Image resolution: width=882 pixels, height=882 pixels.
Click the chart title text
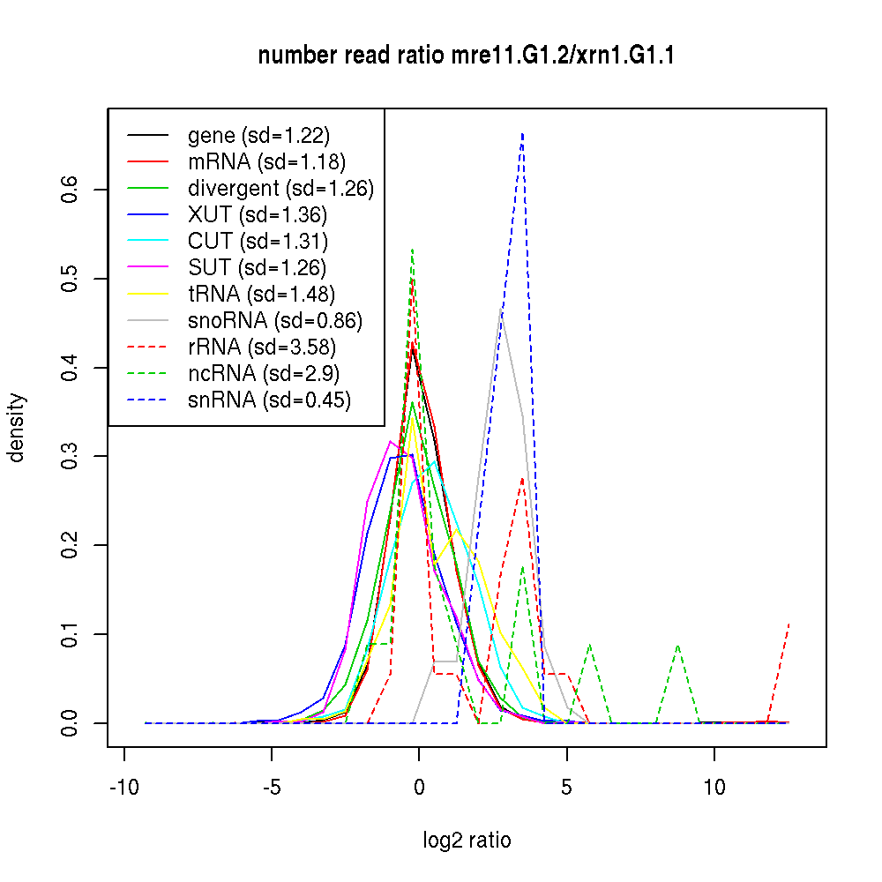pos(467,56)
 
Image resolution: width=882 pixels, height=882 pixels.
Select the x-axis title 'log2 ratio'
pos(467,840)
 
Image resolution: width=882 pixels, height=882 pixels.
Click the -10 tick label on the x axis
pos(123,787)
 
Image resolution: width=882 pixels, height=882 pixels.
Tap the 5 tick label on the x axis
pos(566,787)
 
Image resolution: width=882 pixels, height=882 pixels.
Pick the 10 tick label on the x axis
pos(714,787)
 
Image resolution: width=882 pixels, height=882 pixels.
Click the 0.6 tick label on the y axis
pos(71,190)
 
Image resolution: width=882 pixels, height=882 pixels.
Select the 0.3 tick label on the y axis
pos(71,456)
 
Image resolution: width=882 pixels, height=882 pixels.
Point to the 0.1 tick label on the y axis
pos(71,634)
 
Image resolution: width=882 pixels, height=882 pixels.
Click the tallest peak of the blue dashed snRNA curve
pos(523,134)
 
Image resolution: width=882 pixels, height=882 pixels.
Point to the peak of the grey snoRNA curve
pos(501,310)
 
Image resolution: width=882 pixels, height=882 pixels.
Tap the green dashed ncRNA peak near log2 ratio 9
pos(677,645)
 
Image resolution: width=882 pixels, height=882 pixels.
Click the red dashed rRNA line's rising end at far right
pos(788,624)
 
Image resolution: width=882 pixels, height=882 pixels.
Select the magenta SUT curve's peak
pos(391,441)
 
